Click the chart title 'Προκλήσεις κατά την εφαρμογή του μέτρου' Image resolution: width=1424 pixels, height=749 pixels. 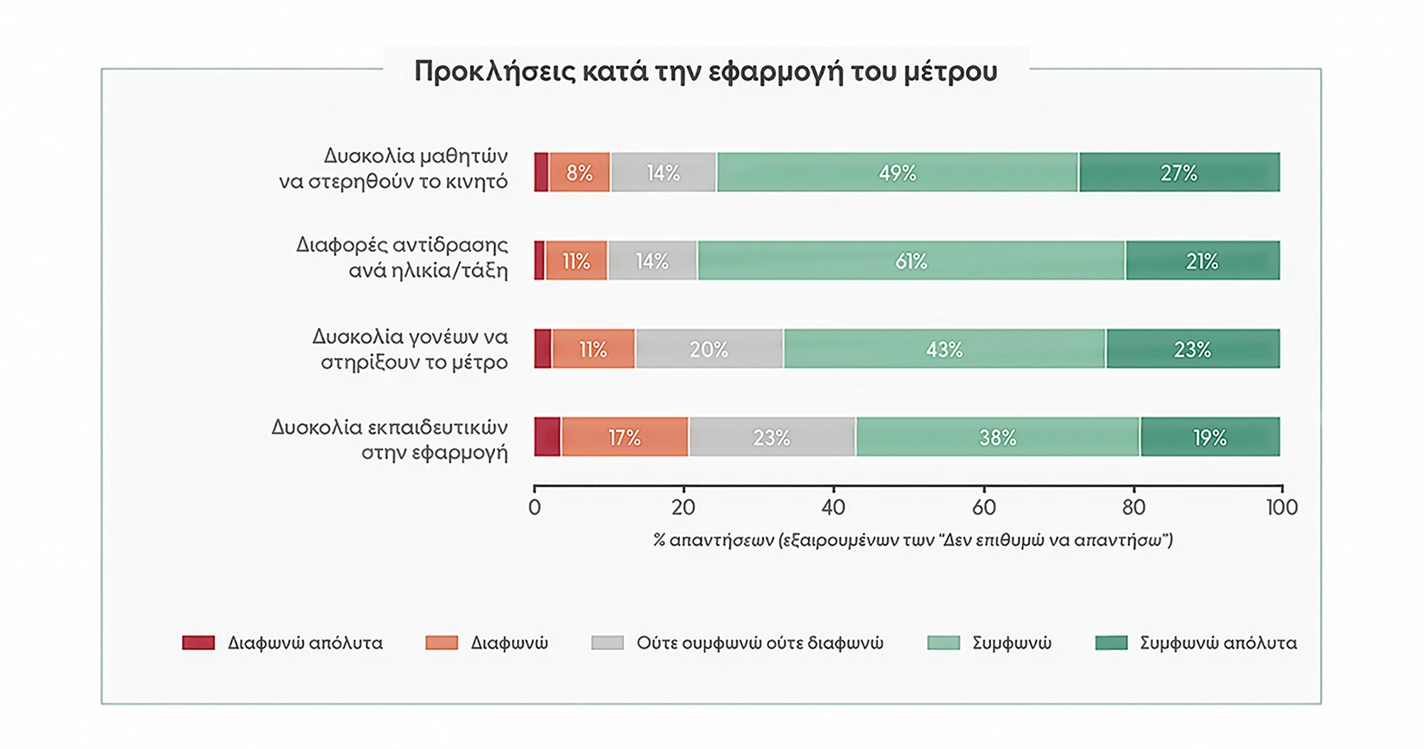(x=706, y=72)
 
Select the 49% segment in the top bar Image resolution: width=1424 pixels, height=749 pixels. (x=897, y=172)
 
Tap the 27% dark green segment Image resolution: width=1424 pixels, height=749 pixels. (x=1179, y=172)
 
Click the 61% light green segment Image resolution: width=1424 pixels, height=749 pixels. (x=911, y=261)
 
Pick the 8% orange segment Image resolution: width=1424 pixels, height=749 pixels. (x=580, y=172)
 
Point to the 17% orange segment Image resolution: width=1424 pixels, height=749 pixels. (x=624, y=436)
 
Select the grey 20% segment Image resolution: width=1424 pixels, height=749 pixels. (x=709, y=349)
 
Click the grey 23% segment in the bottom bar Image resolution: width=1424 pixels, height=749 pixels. (x=772, y=436)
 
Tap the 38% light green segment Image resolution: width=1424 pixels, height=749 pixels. (x=998, y=436)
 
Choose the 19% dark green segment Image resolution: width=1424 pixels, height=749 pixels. (x=1210, y=436)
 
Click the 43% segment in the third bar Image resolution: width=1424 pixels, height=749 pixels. (x=945, y=349)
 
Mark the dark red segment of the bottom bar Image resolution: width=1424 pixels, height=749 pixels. (x=548, y=436)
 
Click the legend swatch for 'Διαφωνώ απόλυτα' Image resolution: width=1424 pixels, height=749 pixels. (x=199, y=643)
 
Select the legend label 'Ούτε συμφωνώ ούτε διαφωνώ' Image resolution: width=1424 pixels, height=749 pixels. (x=760, y=643)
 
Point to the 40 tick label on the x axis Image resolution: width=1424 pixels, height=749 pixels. (x=833, y=508)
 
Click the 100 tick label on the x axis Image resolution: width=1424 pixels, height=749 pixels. (x=1282, y=508)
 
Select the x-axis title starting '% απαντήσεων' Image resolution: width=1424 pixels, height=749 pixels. (x=913, y=540)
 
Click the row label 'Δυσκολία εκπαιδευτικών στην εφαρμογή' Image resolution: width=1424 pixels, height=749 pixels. (x=389, y=439)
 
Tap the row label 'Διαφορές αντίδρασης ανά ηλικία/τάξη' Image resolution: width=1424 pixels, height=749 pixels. (x=402, y=257)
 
